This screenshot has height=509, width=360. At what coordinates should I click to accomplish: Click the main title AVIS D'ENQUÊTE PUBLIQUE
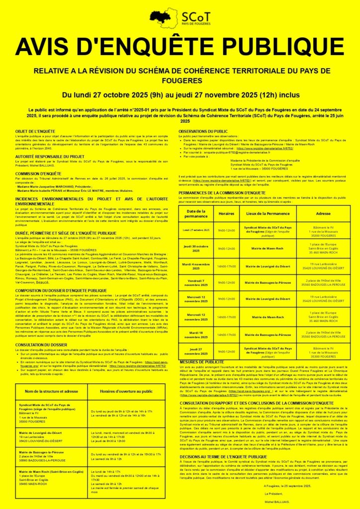(180, 46)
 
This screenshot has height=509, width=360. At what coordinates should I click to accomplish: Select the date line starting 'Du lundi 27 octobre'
(180, 94)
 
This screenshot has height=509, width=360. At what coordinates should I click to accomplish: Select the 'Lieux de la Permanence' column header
(266, 213)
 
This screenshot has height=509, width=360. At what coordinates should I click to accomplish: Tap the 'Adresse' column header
(323, 213)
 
